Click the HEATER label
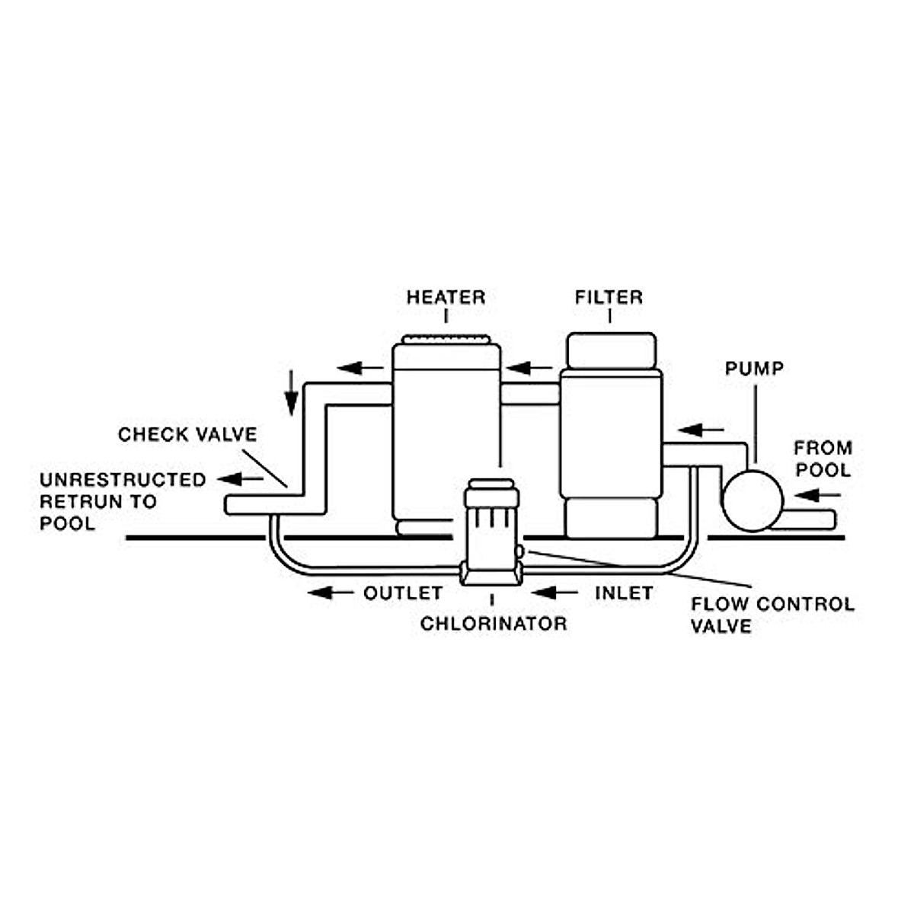click(446, 297)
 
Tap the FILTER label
click(609, 297)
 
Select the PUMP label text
click(754, 369)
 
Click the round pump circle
click(753, 500)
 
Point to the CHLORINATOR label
click(494, 624)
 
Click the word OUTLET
click(403, 593)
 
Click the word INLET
click(624, 593)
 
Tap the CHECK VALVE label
click(187, 435)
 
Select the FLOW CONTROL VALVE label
click(772, 615)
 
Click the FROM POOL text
click(823, 459)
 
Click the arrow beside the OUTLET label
click(331, 593)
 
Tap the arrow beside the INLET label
click(555, 593)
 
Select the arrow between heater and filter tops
click(529, 369)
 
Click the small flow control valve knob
click(519, 551)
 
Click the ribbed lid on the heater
click(446, 340)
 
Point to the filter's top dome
click(611, 350)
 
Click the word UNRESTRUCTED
click(123, 480)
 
